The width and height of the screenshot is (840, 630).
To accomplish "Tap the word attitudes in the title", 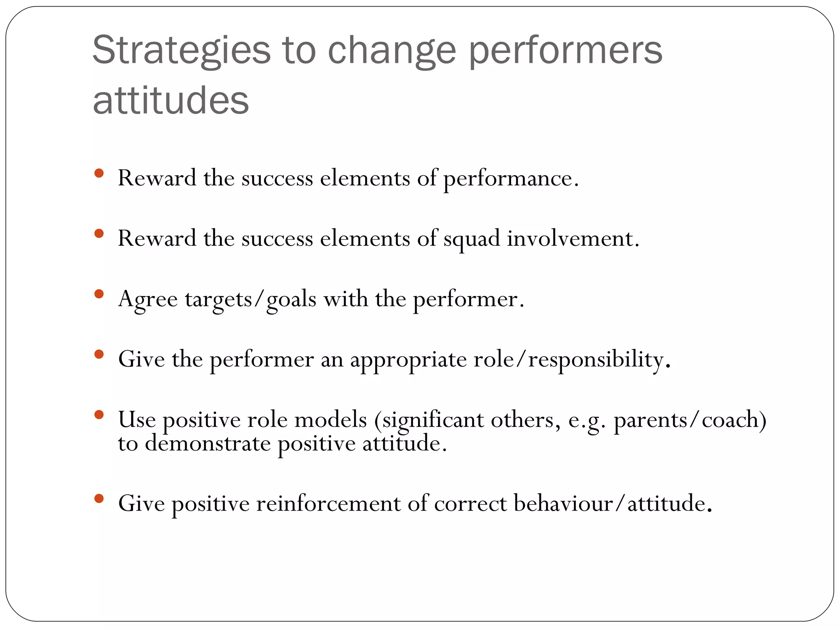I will coord(171,101).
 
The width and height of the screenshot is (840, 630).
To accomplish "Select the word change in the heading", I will coord(392,51).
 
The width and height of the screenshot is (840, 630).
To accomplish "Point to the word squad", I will coord(472,239).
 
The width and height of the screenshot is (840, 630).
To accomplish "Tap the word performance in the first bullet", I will coord(511,179).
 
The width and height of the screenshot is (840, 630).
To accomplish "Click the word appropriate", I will coord(408,360).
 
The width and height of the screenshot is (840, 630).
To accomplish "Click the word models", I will coord(331,420).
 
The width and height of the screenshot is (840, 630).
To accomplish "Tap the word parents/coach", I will coord(690,420).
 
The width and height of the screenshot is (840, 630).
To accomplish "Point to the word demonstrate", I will coord(208,444).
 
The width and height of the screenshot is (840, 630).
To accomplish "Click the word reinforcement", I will coord(328,504).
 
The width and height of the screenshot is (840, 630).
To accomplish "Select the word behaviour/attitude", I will coord(612,504).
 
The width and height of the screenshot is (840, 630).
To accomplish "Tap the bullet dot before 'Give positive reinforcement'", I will coord(98,498).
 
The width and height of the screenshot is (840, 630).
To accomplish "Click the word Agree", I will coord(148,299).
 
